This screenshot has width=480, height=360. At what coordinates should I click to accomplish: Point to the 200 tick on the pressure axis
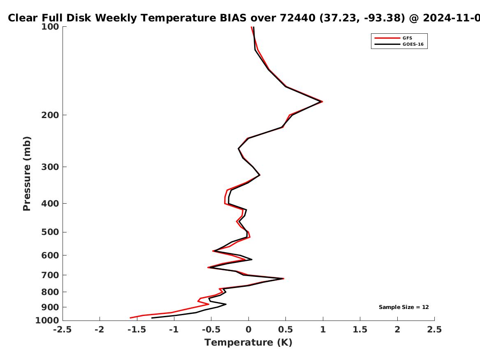[50, 115]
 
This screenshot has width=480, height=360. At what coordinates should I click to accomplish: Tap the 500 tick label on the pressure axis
[50, 232]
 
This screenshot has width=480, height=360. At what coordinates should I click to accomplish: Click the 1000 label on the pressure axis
[47, 320]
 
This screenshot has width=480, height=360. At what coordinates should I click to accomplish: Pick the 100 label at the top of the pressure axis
[50, 27]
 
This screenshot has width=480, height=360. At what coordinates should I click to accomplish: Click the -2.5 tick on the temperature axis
[63, 330]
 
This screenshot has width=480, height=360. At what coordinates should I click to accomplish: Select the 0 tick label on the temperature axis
[248, 330]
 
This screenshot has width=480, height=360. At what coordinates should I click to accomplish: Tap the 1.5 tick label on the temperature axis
[360, 330]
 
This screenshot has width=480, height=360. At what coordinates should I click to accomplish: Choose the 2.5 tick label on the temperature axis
[434, 330]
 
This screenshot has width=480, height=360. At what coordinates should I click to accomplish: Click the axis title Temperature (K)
[248, 342]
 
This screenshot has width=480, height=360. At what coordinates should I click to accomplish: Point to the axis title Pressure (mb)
[27, 174]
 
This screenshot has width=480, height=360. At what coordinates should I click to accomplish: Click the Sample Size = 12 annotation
[404, 307]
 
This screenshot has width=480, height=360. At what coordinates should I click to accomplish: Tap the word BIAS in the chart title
[233, 18]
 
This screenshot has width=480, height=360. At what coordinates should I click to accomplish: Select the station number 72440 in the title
[297, 18]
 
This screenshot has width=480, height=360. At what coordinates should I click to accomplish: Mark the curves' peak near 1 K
[322, 101]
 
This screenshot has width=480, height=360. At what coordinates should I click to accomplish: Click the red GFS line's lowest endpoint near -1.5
[130, 318]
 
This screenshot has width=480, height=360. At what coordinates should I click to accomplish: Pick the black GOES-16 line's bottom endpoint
[152, 318]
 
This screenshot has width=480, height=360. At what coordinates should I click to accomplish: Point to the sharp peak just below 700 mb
[283, 279]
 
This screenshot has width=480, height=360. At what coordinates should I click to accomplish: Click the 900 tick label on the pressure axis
[50, 307]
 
